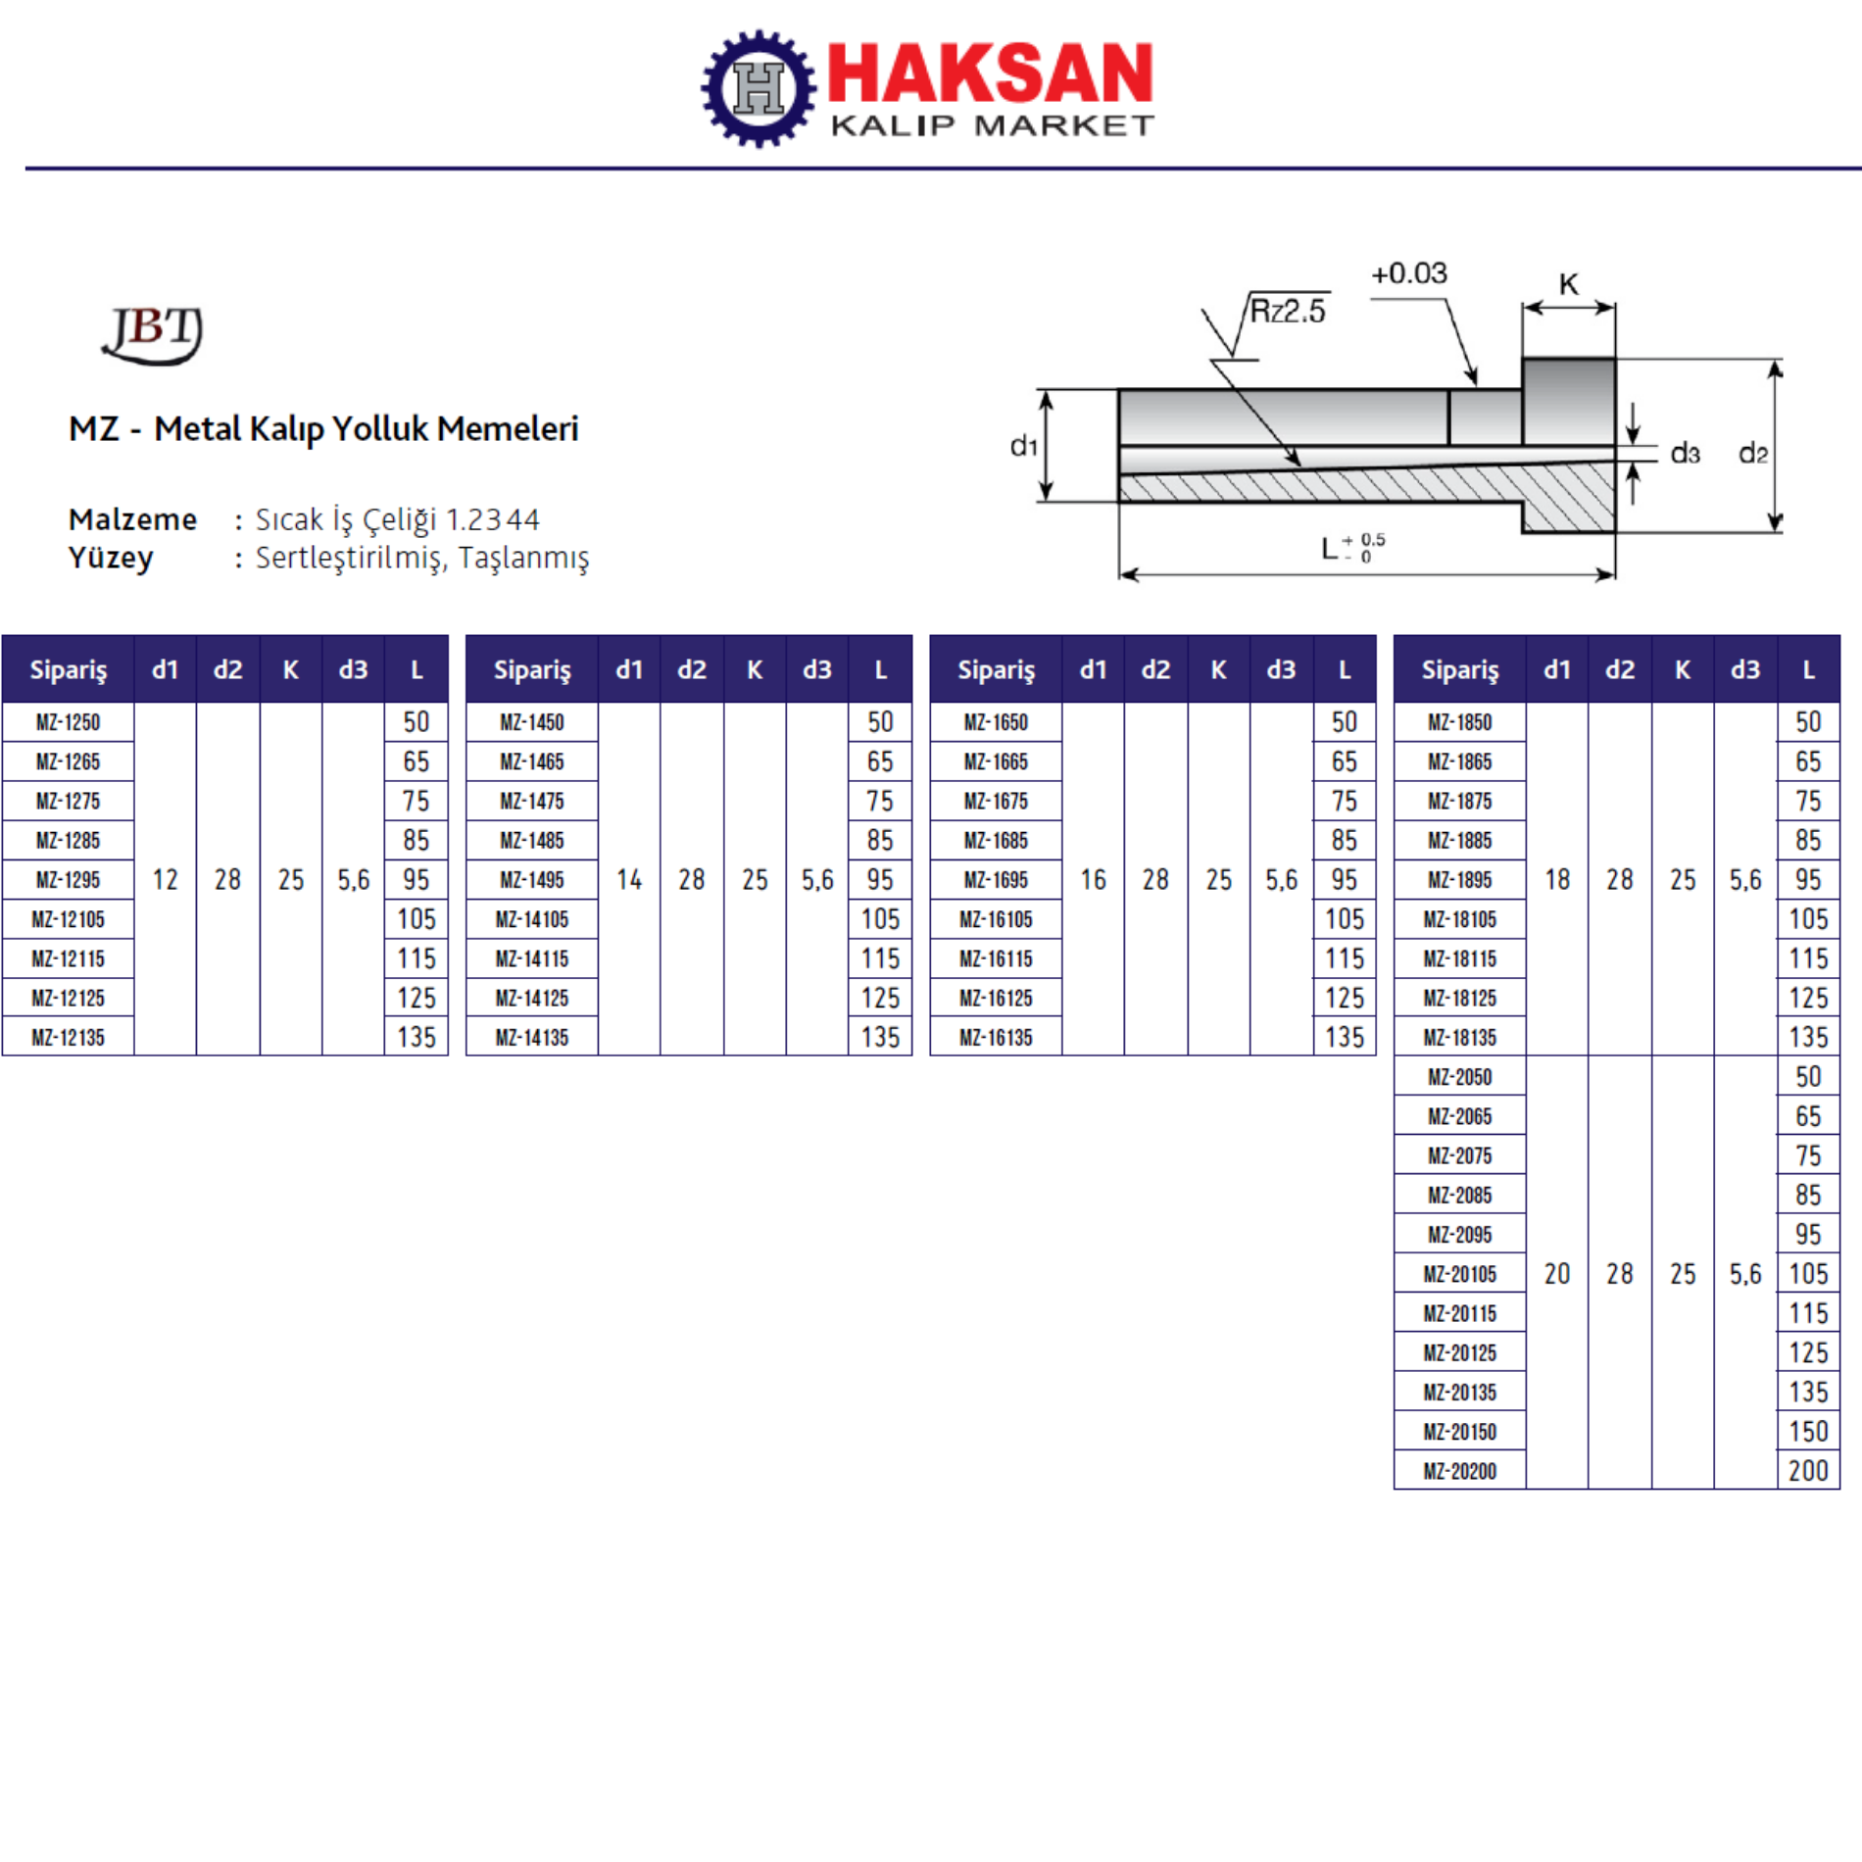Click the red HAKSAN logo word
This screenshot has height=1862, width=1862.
[991, 73]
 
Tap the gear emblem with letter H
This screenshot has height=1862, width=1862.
[759, 88]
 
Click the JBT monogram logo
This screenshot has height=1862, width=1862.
[153, 334]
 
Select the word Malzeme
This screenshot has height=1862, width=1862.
[132, 518]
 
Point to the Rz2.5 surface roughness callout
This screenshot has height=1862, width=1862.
[1287, 312]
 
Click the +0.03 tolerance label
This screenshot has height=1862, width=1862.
[1409, 273]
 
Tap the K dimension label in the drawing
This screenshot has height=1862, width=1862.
[1569, 284]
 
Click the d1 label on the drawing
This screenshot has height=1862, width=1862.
[1023, 447]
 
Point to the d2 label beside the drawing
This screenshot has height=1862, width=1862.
[1753, 453]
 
